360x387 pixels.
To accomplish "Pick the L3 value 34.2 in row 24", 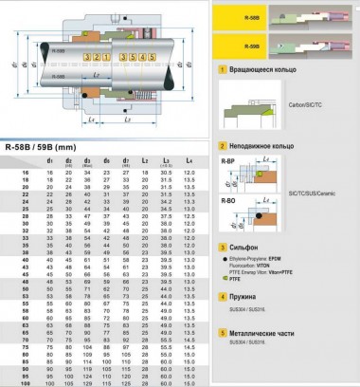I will pyautogui.click(x=167, y=204).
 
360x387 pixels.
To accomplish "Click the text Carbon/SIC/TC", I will pyautogui.click(x=299, y=117).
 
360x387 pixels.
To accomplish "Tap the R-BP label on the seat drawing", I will pyautogui.click(x=225, y=161).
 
